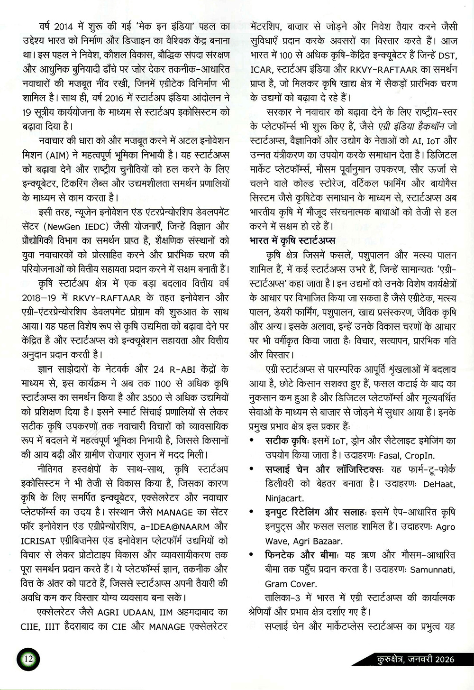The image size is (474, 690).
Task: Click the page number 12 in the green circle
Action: pyautogui.click(x=28, y=659)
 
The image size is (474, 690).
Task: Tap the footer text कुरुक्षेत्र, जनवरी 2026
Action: pyautogui.click(x=413, y=659)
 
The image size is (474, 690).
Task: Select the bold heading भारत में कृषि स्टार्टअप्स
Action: pyautogui.click(x=292, y=240)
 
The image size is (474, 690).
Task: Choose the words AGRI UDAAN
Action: pyautogui.click(x=125, y=612)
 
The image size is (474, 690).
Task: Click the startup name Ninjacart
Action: pyautogui.click(x=284, y=498)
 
